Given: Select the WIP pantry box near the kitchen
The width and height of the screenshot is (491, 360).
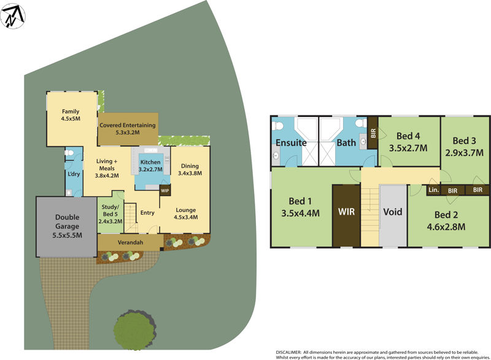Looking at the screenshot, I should point(164,190).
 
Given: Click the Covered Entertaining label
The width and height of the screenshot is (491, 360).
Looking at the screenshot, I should point(128,128).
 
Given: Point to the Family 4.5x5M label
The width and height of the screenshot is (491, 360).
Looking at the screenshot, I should point(71,115).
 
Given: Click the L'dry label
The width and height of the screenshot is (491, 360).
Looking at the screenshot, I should point(73,174).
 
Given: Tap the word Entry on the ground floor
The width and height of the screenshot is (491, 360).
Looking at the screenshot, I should point(147,213).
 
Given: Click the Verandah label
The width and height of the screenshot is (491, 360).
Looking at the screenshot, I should point(130,243).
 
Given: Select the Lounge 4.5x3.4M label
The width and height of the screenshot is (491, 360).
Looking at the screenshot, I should point(185,213).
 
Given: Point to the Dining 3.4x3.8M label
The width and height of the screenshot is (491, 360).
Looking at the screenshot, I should point(189,169).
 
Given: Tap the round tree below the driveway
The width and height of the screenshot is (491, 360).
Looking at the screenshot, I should point(133,329).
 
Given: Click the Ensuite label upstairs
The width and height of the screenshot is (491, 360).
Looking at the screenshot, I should point(291,142).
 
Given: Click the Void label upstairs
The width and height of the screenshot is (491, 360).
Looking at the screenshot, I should point(392,212).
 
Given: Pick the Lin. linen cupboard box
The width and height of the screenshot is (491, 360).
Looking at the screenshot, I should point(433,190).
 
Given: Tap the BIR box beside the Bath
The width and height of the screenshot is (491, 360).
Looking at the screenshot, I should point(373,131).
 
